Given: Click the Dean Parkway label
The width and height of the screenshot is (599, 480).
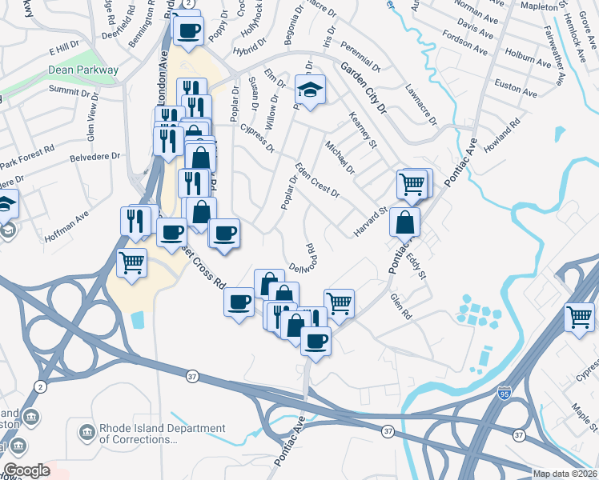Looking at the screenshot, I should click(x=83, y=70).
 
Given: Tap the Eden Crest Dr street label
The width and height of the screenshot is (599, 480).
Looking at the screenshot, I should click(x=317, y=180).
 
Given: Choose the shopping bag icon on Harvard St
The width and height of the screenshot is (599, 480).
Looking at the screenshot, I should click(x=405, y=221).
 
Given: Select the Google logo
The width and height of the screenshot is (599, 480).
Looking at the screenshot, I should click(x=26, y=470).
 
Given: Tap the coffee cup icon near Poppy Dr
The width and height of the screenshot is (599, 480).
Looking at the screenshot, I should click(x=189, y=31).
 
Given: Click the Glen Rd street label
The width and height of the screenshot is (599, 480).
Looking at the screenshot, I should click(x=400, y=303).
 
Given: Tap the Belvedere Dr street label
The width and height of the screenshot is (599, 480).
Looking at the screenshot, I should click(x=94, y=158).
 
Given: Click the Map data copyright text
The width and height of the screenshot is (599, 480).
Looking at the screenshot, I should click(x=563, y=474).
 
